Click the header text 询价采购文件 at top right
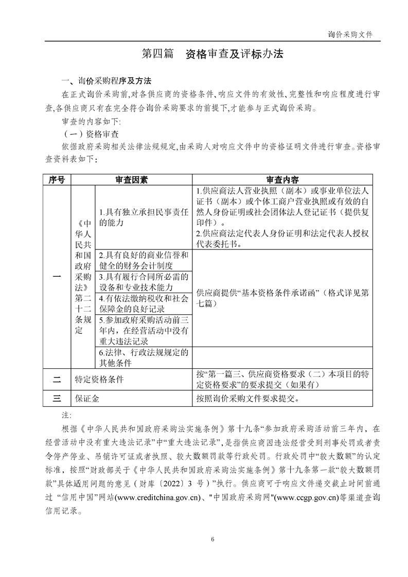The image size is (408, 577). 350,34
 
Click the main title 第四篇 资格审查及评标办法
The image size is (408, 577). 212,54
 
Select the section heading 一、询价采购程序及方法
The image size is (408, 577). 106,82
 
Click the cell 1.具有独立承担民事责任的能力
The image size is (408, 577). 143,217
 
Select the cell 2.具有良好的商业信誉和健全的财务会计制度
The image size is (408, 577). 143,260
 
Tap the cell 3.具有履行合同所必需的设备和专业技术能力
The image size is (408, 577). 143,282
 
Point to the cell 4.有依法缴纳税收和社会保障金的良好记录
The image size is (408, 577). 143,303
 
